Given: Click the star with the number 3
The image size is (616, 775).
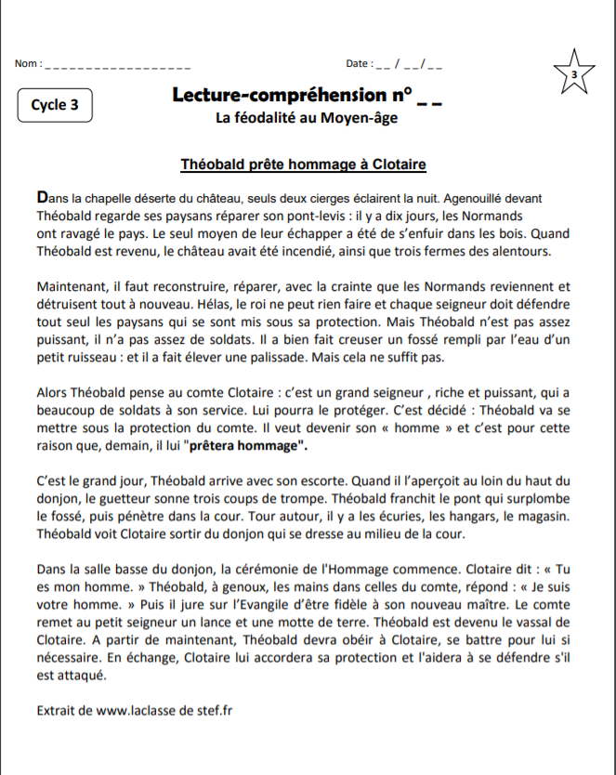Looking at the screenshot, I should pos(574,72).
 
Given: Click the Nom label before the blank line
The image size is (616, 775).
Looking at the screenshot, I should pos(28,64).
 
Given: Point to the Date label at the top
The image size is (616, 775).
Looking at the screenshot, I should pos(358,64).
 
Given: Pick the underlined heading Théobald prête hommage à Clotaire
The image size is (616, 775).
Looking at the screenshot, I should pos(303,165).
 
